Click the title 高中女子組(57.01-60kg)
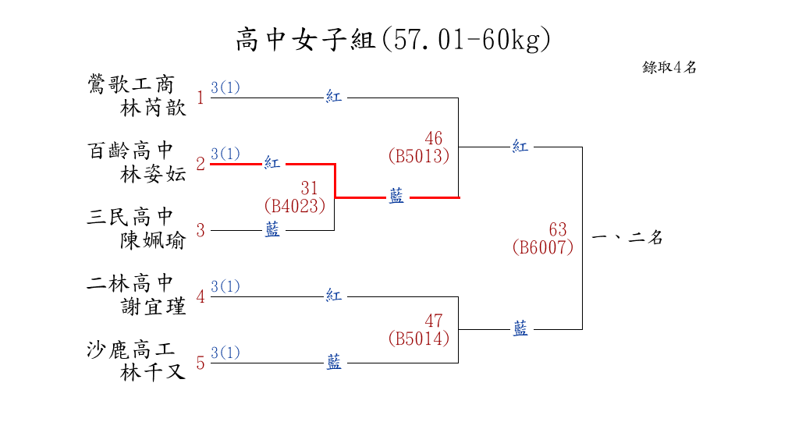(x=393, y=39)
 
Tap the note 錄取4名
(x=669, y=67)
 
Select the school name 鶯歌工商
(x=131, y=84)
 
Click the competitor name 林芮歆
(x=153, y=108)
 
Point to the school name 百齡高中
(x=131, y=151)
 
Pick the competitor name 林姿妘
(x=153, y=175)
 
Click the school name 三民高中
(x=131, y=217)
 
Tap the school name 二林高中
(x=131, y=283)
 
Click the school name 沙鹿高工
(x=131, y=349)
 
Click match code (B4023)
(x=294, y=206)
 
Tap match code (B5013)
(x=419, y=156)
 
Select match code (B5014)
(x=419, y=339)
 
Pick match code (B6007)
(x=543, y=247)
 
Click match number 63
(x=558, y=229)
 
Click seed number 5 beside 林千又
(x=200, y=363)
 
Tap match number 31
(x=309, y=188)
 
